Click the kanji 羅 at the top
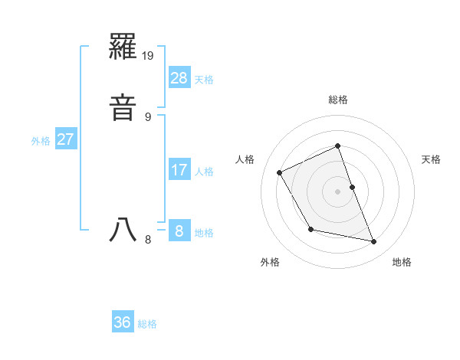tap(123, 51)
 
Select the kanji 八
tap(123, 231)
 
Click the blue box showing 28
tap(179, 77)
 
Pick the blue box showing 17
tap(179, 169)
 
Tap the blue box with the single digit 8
tap(179, 231)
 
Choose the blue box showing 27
tap(66, 139)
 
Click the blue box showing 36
tap(123, 322)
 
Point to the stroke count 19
tap(149, 56)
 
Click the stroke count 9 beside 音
tap(149, 117)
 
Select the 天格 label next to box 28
tap(204, 80)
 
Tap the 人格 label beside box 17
tap(204, 172)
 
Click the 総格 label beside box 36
tap(147, 325)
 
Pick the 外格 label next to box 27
tap(41, 142)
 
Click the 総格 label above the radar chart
tap(338, 100)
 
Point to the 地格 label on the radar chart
tap(402, 263)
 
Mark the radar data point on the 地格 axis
tap(374, 242)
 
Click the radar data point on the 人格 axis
tap(280, 172)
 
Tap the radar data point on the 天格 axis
tap(352, 187)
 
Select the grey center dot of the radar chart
tap(338, 191)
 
